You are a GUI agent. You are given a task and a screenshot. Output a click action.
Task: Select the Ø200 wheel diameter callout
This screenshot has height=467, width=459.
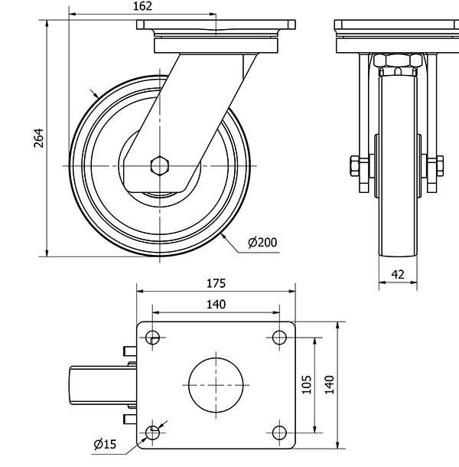click(262, 243)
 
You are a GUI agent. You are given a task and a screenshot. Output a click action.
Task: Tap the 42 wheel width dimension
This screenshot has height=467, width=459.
click(398, 273)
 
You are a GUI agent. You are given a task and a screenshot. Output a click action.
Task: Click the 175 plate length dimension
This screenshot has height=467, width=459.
click(216, 282)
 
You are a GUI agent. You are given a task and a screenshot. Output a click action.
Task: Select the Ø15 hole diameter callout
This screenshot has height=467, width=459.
click(104, 443)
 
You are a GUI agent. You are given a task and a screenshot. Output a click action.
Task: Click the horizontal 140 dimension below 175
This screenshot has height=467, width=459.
click(216, 304)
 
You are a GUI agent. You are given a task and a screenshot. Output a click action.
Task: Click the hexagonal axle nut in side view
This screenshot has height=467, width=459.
click(161, 166)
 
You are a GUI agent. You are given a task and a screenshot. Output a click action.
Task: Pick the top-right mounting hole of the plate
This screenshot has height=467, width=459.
click(279, 337)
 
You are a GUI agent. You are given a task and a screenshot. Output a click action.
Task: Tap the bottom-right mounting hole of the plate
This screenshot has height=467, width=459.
click(279, 433)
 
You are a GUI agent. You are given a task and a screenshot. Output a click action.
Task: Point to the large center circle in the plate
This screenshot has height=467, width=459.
click(216, 384)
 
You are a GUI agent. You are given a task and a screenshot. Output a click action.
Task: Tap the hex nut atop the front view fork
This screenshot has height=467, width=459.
click(397, 61)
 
